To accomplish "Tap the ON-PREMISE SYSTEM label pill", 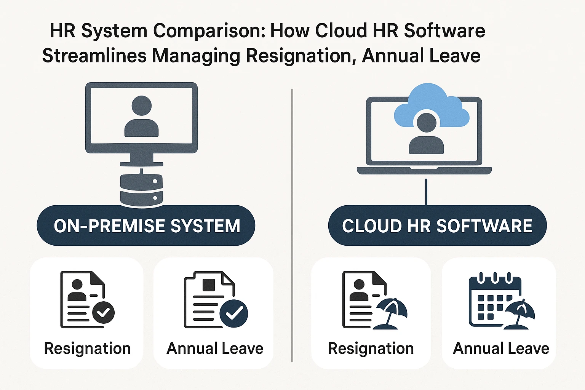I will click(x=146, y=225).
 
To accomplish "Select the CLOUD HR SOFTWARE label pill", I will click(x=437, y=225).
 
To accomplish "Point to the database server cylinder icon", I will click(x=141, y=190).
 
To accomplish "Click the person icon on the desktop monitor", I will click(x=141, y=116).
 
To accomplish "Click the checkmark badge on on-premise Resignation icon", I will click(x=103, y=312).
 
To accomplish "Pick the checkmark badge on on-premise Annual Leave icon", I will click(x=234, y=313).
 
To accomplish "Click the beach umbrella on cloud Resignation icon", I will click(x=391, y=312).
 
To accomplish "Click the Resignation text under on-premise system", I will click(x=87, y=348).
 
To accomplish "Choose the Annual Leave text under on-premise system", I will click(x=215, y=348).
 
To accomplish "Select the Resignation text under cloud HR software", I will click(x=371, y=348).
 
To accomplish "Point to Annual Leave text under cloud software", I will click(x=501, y=348).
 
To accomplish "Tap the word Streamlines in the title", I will click(x=94, y=56).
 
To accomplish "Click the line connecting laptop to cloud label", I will click(x=426, y=192).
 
